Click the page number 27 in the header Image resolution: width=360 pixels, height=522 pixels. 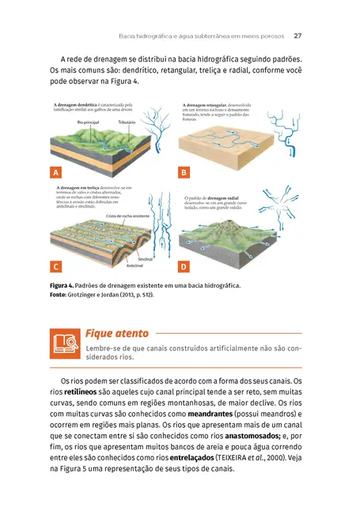click(x=297, y=36)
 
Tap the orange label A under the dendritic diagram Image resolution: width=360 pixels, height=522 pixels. click(x=55, y=172)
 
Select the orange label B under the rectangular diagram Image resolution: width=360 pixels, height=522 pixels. click(x=184, y=172)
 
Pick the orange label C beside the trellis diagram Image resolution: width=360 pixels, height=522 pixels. click(x=55, y=267)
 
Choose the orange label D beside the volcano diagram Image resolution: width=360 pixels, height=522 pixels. click(x=184, y=267)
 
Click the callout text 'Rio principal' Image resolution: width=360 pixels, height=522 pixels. click(x=89, y=123)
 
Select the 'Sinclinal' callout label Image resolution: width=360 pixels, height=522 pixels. click(x=146, y=259)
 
